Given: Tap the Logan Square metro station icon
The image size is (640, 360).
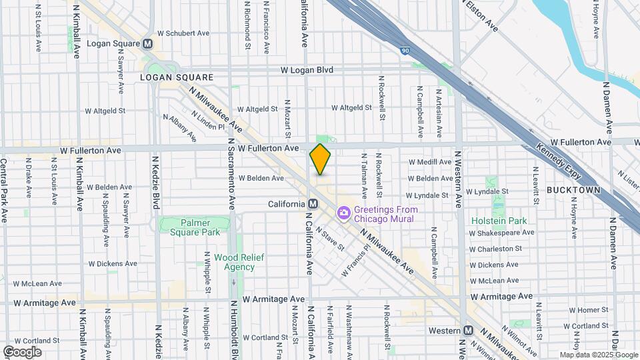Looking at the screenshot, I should tap(148, 43).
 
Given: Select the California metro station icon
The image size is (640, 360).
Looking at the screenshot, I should tap(313, 204).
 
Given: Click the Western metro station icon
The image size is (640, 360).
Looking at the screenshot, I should tap(469, 331).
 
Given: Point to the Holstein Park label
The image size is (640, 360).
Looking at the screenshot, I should tap(499, 221).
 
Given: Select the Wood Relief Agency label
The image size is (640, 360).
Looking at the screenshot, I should tap(234, 262).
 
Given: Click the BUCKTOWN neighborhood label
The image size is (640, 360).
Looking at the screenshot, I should tap(573, 190).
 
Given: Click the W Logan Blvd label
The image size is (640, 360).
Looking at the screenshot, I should tap(306, 70).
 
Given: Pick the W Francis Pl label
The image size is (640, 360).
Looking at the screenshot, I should tap(355, 263).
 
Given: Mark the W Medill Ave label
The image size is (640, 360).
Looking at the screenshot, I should tap(430, 162).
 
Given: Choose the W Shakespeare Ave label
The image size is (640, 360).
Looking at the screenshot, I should tap(501, 233).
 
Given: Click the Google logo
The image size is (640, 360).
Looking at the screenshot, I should tap(22, 352).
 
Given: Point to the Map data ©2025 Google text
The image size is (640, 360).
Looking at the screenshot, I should tap(598, 355).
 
